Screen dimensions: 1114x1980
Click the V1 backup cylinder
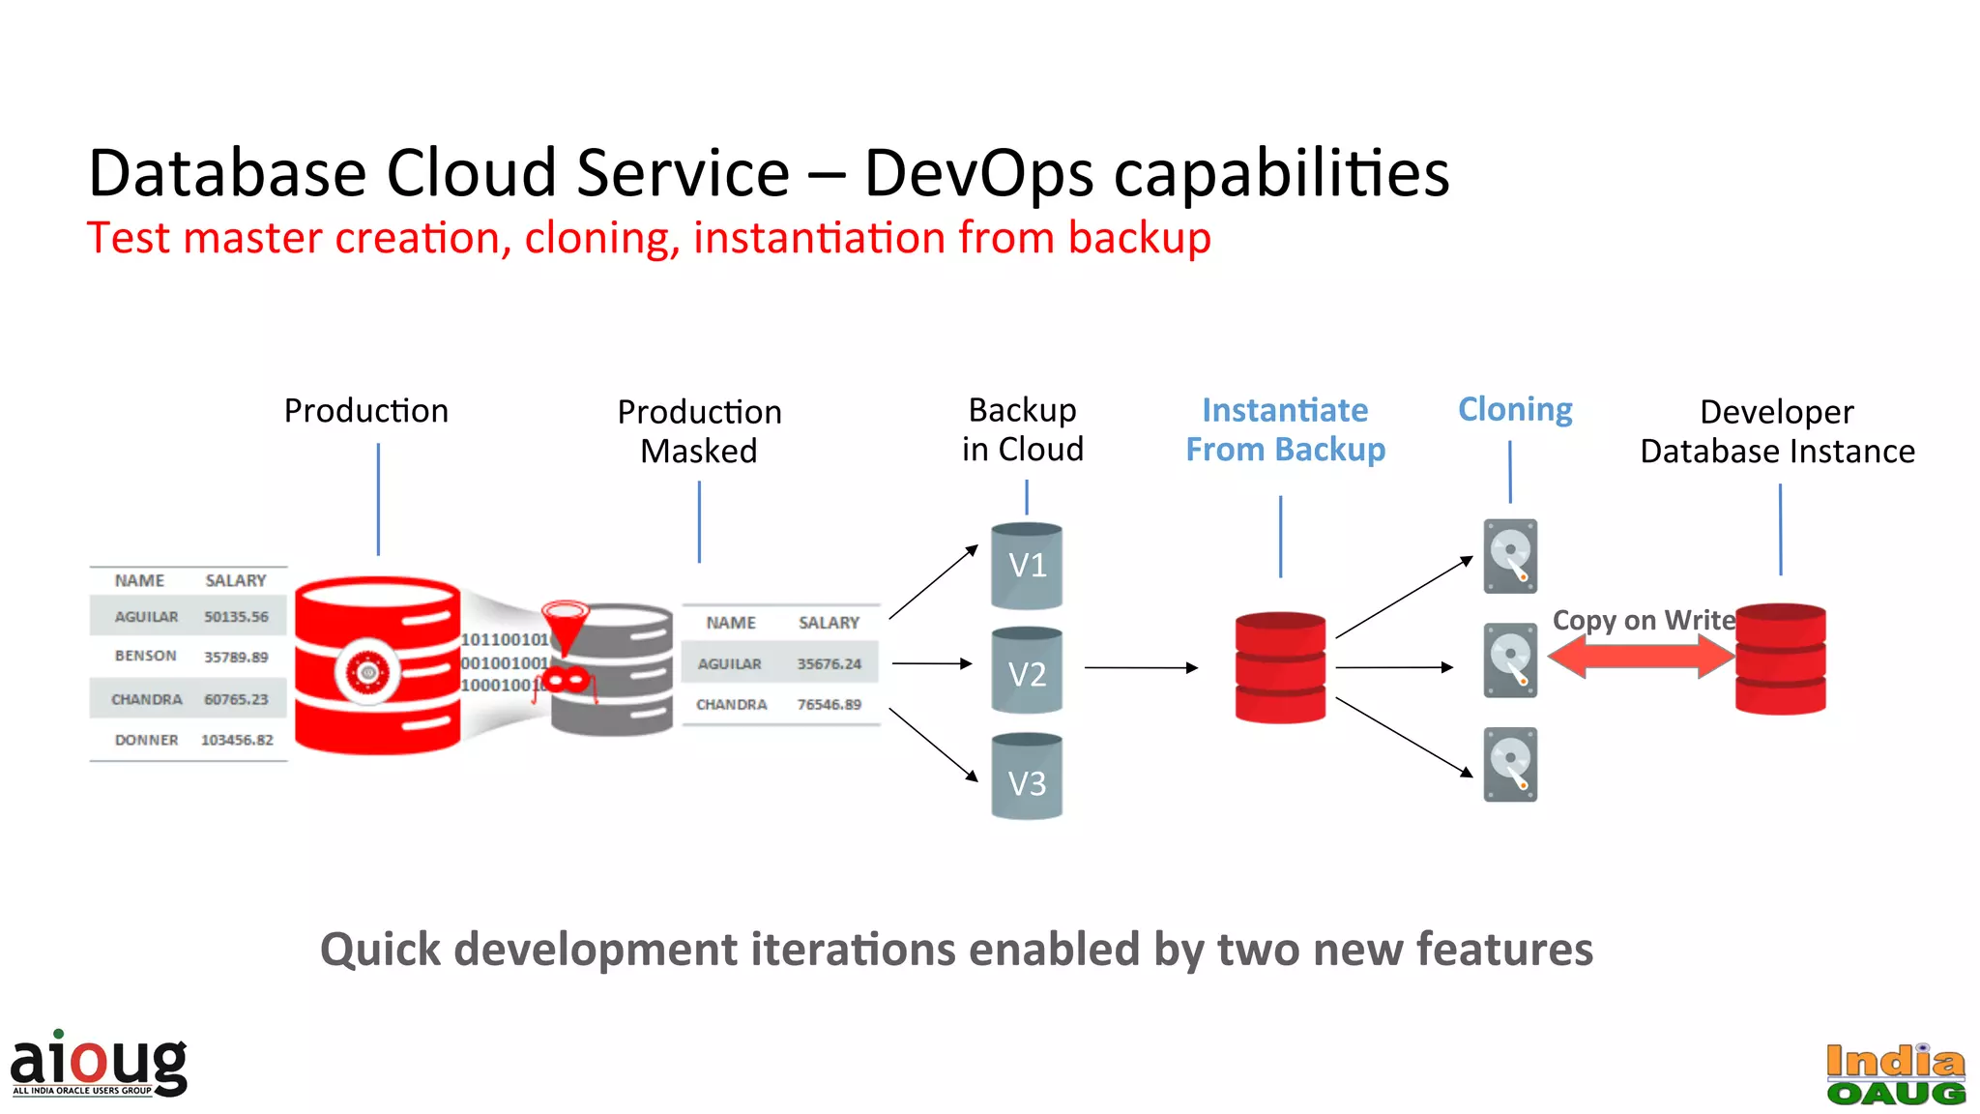[x=1027, y=567]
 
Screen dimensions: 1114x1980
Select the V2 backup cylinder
[x=1027, y=671]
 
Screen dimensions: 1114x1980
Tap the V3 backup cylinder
[x=1027, y=777]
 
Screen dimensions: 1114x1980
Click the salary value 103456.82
[x=237, y=740]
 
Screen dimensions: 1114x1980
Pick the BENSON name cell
[x=146, y=656]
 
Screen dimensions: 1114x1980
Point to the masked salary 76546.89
[x=829, y=704]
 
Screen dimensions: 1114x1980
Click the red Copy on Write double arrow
[x=1641, y=657]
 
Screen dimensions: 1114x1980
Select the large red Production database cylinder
[x=377, y=667]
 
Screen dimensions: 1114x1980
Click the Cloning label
[x=1514, y=410]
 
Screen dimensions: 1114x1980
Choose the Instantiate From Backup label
[x=1285, y=430]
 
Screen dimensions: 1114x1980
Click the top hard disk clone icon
[x=1510, y=556]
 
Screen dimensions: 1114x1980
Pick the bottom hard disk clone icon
[x=1510, y=764]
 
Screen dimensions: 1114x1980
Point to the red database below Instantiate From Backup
[x=1280, y=667]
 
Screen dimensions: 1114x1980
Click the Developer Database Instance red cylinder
[x=1780, y=660]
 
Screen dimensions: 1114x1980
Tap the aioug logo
[x=99, y=1064]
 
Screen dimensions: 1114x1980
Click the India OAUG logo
[x=1895, y=1074]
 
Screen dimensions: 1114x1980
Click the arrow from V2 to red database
[x=1141, y=667]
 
